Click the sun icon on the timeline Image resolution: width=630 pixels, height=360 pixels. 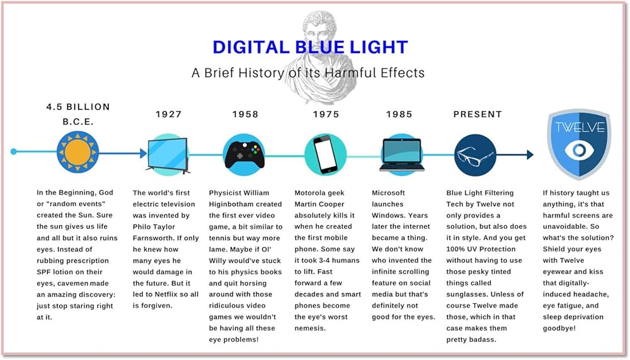coord(77,153)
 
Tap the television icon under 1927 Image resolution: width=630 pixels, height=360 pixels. coord(168,155)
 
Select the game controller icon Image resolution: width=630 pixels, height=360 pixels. coord(244,155)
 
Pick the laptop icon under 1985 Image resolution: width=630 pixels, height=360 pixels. coord(402,155)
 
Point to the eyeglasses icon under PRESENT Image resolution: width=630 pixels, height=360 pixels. coord(474,155)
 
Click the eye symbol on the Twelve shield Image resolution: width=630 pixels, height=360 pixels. coord(579,150)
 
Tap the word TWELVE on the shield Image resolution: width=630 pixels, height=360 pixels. coord(580,127)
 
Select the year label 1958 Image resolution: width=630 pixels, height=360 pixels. coord(245,114)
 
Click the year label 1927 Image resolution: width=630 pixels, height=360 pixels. coord(169,114)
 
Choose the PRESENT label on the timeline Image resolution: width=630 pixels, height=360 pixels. coord(478,114)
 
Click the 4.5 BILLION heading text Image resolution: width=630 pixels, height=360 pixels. coord(78,107)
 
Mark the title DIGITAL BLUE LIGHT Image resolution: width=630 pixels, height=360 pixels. coord(310,47)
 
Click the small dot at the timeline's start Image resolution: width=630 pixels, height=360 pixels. coord(14,152)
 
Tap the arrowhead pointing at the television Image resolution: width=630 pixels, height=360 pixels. coord(144,153)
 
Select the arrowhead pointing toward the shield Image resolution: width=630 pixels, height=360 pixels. coord(530,154)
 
